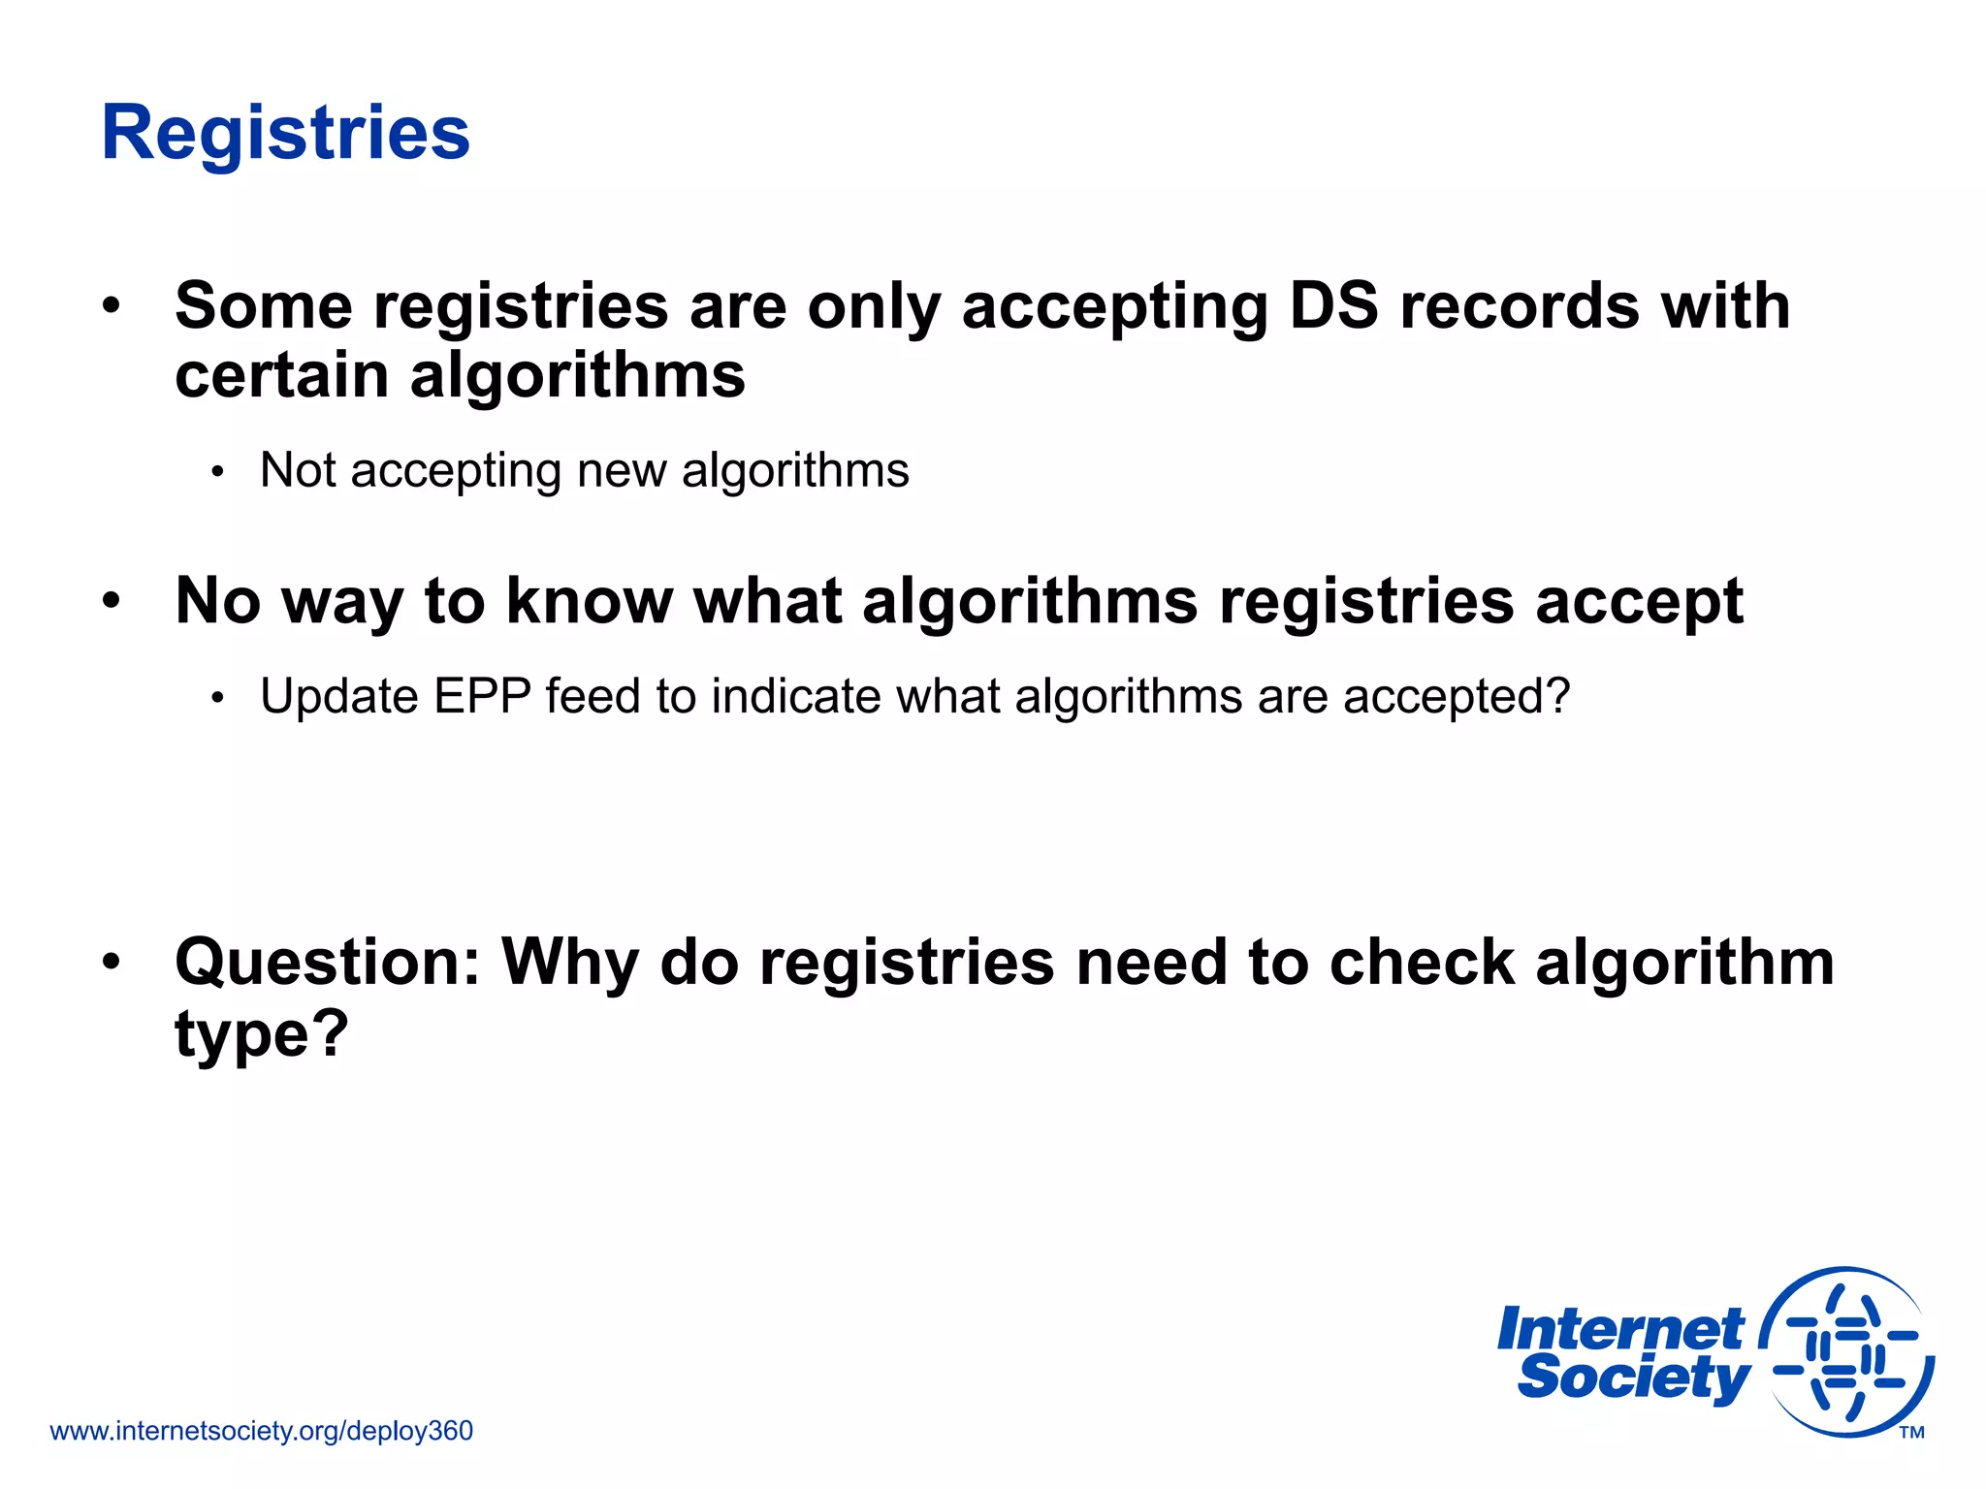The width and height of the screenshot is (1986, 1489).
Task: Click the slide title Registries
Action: [285, 133]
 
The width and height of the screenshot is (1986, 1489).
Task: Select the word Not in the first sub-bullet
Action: [297, 471]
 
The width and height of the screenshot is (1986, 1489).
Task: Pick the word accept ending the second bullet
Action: [1640, 603]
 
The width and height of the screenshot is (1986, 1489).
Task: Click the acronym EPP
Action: [482, 696]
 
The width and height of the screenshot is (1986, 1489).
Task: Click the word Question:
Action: [328, 964]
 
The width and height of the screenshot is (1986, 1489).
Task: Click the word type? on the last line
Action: [261, 1034]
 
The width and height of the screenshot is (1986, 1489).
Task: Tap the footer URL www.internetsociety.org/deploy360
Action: [261, 1431]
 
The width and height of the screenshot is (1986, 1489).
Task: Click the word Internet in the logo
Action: [1619, 1329]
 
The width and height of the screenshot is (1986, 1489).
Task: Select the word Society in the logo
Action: [1633, 1378]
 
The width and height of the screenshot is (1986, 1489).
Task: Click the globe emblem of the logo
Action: [1848, 1352]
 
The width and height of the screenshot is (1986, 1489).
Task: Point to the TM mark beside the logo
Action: [1911, 1433]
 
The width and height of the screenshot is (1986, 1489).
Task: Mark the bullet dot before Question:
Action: [112, 961]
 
